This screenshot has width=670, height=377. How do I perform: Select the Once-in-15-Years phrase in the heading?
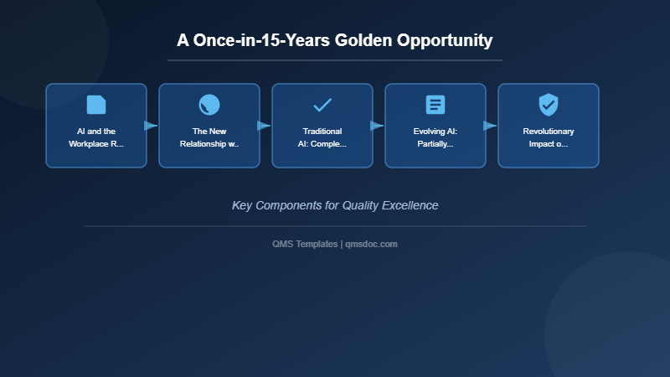tap(258, 40)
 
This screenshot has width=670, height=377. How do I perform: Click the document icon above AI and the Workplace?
tap(96, 105)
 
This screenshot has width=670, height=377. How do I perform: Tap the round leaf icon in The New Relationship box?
tap(209, 105)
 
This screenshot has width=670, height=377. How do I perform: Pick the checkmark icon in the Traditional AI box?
tap(322, 105)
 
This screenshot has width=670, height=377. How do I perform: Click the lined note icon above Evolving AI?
tap(435, 105)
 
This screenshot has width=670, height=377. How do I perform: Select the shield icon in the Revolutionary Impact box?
tap(549, 105)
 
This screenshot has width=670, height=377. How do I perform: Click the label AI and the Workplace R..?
tap(96, 137)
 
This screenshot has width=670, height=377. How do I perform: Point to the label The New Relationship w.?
tap(209, 137)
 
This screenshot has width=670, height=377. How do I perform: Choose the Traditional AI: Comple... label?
tap(322, 137)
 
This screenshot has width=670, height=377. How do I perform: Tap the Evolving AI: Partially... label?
tap(435, 137)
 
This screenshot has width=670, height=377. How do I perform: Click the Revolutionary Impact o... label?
tap(549, 137)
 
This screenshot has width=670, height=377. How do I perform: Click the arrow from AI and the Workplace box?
tap(151, 126)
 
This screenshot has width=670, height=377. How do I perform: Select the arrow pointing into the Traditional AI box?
tap(264, 126)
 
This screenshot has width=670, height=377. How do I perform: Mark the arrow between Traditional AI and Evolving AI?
tap(377, 126)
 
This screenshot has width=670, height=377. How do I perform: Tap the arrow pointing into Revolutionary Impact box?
tap(490, 126)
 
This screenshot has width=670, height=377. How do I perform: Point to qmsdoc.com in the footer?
tap(372, 244)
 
